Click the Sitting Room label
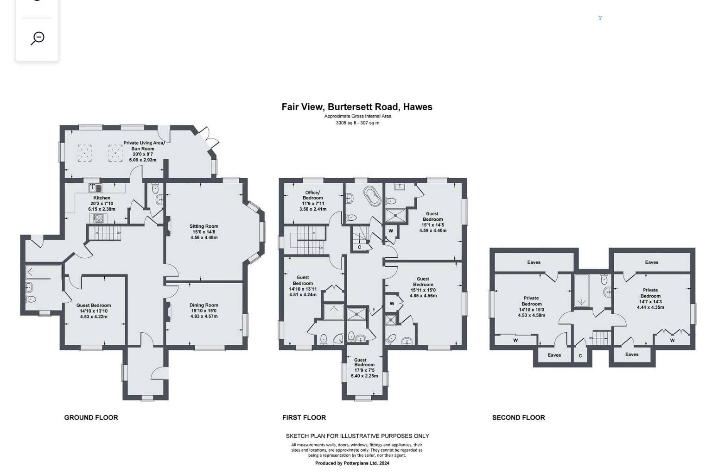[x=204, y=226]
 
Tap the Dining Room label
[x=204, y=305]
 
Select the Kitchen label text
[x=102, y=198]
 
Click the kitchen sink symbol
[x=95, y=188]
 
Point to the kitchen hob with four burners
[x=98, y=218]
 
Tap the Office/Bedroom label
[x=313, y=195]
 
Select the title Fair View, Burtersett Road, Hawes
[x=357, y=106]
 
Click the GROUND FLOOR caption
[x=91, y=418]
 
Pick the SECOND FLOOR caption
[x=518, y=418]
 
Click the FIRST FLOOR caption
[x=304, y=418]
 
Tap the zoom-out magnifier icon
[x=38, y=38]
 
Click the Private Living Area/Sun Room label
[x=144, y=146]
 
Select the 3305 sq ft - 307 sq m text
[x=357, y=123]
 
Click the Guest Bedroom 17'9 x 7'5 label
[x=365, y=368]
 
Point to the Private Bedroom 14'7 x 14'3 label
[x=650, y=299]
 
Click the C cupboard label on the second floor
[x=580, y=356]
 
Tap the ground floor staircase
[x=104, y=233]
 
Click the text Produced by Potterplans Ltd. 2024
[x=352, y=463]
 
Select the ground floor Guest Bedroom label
[x=94, y=305]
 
